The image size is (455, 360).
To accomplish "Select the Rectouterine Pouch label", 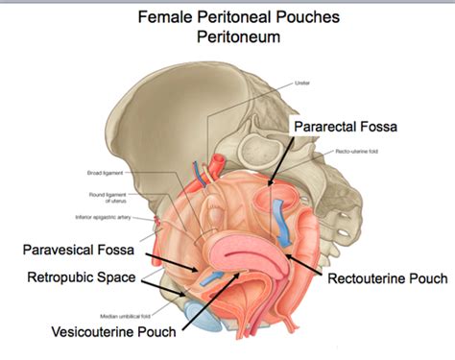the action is pyautogui.click(x=387, y=279).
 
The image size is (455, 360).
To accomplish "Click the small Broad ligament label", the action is pyautogui.click(x=106, y=173).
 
